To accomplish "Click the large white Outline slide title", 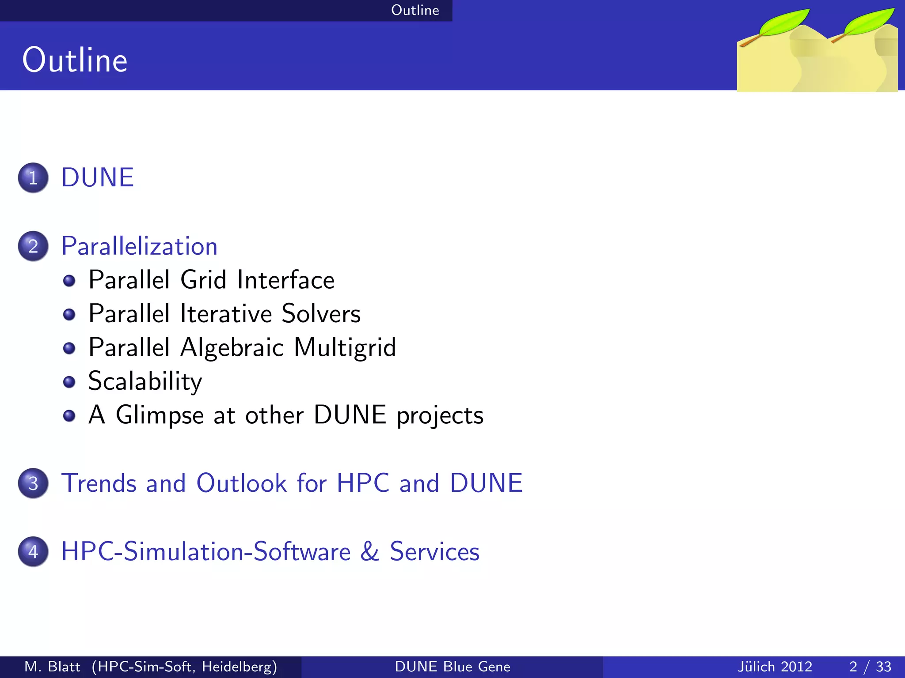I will pyautogui.click(x=75, y=60).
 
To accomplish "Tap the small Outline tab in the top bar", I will pyautogui.click(x=415, y=10).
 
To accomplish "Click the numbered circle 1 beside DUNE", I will pyautogui.click(x=33, y=178).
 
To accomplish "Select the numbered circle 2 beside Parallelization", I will pyautogui.click(x=33, y=246).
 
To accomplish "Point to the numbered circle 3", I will pyautogui.click(x=33, y=483).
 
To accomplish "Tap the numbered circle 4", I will pyautogui.click(x=33, y=552).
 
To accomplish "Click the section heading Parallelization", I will pyautogui.click(x=139, y=246).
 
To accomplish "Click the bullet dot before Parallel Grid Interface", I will pyautogui.click(x=69, y=281).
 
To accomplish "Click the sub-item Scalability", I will pyautogui.click(x=145, y=381).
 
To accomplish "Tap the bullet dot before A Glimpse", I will pyautogui.click(x=69, y=416).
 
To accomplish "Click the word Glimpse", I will pyautogui.click(x=160, y=416).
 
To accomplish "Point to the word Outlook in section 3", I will pyautogui.click(x=242, y=483).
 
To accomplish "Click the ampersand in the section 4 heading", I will pyautogui.click(x=370, y=552).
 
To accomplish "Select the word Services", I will pyautogui.click(x=434, y=552).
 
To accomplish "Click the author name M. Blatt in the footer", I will pyautogui.click(x=52, y=667).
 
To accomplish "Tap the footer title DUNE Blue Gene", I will pyautogui.click(x=452, y=667).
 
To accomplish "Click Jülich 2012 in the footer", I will pyautogui.click(x=775, y=667).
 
